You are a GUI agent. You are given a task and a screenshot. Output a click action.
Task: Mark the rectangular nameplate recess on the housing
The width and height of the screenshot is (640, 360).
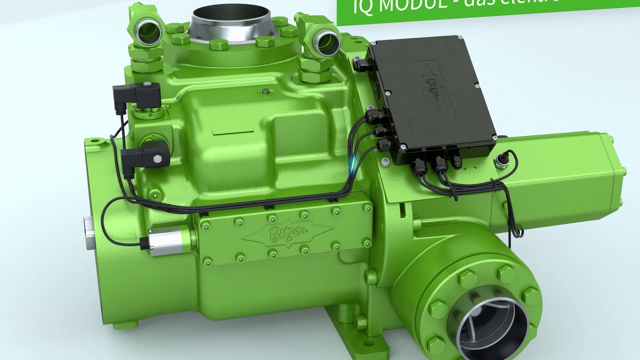pos(233,128)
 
